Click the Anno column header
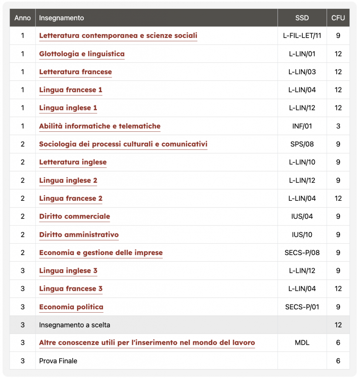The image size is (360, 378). [x=23, y=18]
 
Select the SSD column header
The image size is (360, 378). [x=302, y=18]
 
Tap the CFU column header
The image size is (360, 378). [x=338, y=18]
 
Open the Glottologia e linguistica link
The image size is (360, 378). [x=82, y=54]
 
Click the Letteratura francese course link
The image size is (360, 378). [x=75, y=72]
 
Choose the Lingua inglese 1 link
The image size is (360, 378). [x=68, y=108]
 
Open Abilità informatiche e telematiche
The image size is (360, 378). [x=100, y=126]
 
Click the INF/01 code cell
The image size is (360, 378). [x=302, y=126]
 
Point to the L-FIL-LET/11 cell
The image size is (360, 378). [x=302, y=36]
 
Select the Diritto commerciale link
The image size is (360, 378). [x=75, y=217]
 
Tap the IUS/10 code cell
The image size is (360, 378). [x=302, y=235]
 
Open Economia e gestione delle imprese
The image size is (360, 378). [x=101, y=253]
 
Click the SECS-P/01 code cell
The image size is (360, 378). [x=302, y=307]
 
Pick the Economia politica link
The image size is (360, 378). [x=71, y=307]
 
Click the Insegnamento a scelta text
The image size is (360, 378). [x=75, y=325]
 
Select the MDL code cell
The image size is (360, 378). [x=302, y=343]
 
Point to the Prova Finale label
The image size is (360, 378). [x=58, y=361]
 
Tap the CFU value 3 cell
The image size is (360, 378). [x=338, y=126]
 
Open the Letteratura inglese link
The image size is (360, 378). [x=73, y=162]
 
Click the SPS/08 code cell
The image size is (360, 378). [x=302, y=144]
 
